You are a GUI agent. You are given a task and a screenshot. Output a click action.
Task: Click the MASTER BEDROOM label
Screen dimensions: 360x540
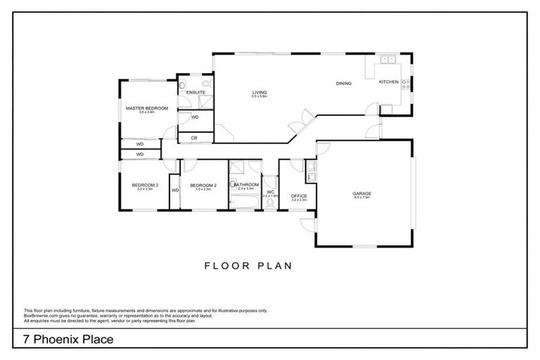147,108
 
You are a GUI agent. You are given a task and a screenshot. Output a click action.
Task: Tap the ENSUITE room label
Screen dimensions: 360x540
197,92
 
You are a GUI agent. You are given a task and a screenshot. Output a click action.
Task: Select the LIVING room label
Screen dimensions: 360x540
259,92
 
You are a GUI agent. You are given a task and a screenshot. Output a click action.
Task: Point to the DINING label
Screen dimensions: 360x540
343,84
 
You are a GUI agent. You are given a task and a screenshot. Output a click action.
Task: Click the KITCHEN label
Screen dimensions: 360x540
388,82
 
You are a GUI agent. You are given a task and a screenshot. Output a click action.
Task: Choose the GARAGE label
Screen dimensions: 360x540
362,193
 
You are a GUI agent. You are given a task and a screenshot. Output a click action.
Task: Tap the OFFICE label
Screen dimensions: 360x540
299,195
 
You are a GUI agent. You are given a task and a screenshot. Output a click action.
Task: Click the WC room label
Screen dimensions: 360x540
271,191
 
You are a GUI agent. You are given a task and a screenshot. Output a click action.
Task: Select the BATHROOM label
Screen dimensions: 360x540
247,184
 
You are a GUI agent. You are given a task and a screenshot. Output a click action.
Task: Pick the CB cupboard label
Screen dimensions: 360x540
194,138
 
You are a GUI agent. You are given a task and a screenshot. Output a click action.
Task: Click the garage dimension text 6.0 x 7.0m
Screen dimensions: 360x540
362,198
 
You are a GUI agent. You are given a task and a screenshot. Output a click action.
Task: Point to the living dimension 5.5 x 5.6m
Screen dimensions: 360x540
259,97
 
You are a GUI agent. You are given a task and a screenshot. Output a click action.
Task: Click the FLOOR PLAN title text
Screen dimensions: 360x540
247,266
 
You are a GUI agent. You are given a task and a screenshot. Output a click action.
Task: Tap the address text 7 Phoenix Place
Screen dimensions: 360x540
67,340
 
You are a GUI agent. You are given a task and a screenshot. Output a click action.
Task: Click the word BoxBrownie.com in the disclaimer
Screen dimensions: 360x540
41,316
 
